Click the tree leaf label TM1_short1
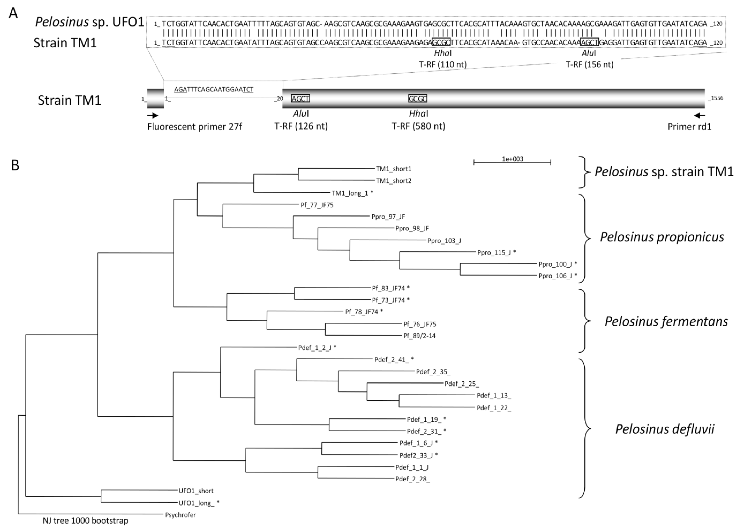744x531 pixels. [393, 169]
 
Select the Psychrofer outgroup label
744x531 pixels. [180, 515]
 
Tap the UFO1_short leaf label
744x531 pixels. [196, 491]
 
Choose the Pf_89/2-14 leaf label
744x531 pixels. [419, 336]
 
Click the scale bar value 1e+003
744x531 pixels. [512, 159]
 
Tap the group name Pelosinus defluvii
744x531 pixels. [665, 429]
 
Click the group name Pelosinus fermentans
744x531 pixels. [666, 321]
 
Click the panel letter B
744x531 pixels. [15, 166]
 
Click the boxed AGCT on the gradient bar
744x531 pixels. [300, 99]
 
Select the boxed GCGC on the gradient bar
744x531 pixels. [417, 99]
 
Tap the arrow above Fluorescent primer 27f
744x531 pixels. [153, 115]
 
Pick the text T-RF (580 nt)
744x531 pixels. [418, 126]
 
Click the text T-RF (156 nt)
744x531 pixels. [589, 64]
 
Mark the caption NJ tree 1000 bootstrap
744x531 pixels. [85, 520]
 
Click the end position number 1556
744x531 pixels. [717, 98]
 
